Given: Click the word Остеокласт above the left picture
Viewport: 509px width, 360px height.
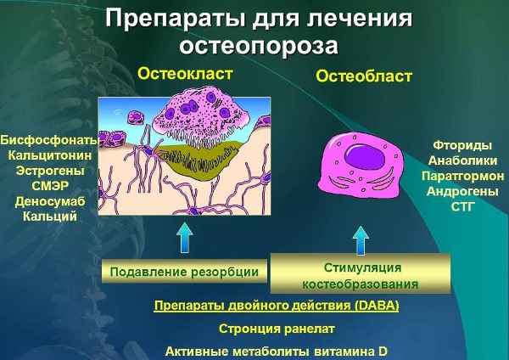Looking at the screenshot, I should pyautogui.click(x=185, y=74).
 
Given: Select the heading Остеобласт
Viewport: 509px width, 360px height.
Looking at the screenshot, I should pyautogui.click(x=364, y=76).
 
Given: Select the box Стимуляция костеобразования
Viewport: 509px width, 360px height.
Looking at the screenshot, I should pyautogui.click(x=361, y=276).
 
